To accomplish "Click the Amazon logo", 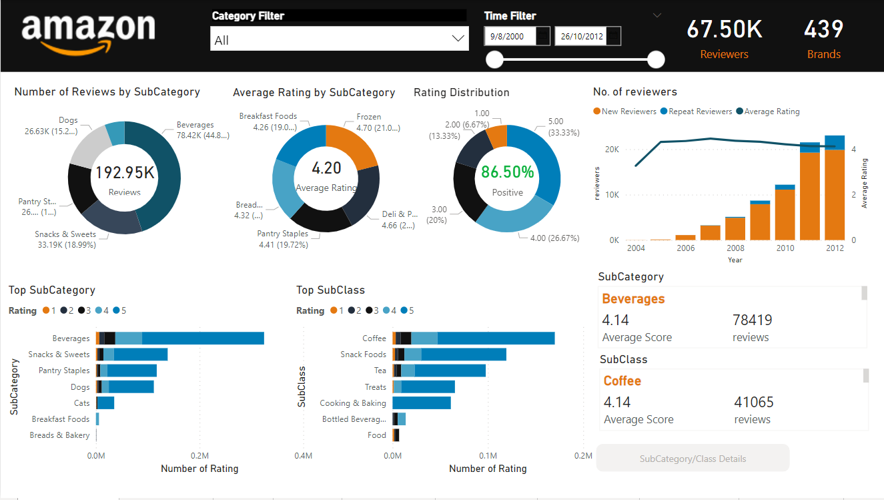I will click(x=88, y=33).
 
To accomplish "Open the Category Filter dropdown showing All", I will click(x=338, y=39).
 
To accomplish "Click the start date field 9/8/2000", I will click(x=510, y=36).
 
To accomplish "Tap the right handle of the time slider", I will click(x=656, y=60).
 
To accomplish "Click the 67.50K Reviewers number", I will click(x=724, y=29).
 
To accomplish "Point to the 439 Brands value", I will click(x=823, y=29).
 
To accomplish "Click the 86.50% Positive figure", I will click(x=508, y=172).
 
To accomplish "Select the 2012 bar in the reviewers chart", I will click(x=834, y=194).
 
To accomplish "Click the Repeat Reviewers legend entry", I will click(x=700, y=111).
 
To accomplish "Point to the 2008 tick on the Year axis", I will click(x=735, y=248).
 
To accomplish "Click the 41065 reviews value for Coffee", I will click(x=754, y=402).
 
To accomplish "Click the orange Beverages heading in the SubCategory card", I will click(x=633, y=298).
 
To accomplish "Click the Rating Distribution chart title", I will click(x=461, y=92).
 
